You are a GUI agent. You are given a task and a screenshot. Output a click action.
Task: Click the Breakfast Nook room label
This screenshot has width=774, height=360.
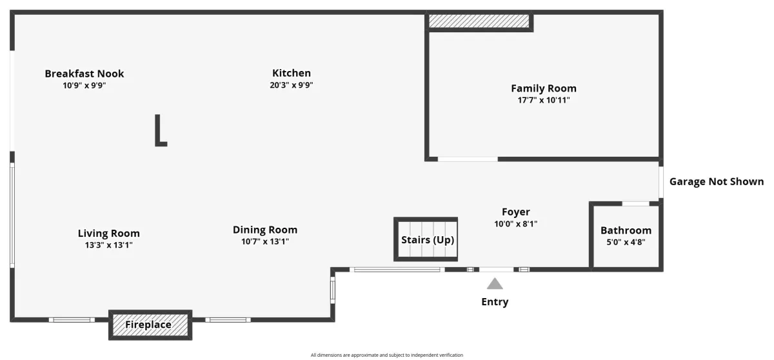click(x=84, y=74)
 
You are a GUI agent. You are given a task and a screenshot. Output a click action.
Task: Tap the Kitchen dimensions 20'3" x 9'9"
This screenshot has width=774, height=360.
click(x=292, y=85)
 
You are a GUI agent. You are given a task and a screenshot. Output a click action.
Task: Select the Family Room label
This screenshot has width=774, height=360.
click(x=544, y=88)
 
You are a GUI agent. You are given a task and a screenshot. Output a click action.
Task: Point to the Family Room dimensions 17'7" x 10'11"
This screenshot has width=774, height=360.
click(x=544, y=100)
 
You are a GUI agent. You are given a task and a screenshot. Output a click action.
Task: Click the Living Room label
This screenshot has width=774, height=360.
click(x=109, y=234)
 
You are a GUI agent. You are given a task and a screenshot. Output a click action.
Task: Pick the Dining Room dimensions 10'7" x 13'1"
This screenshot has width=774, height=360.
click(x=265, y=241)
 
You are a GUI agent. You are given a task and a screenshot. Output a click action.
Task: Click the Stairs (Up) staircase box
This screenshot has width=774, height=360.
click(x=426, y=239)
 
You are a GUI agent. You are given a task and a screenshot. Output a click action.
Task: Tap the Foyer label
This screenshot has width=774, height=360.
click(x=515, y=212)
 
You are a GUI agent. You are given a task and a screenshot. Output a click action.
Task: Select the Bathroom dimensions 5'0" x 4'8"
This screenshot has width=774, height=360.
click(x=626, y=242)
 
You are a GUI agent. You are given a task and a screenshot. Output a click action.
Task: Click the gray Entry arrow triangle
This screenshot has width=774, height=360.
click(x=495, y=284)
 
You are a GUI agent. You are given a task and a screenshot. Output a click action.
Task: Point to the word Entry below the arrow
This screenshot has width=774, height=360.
click(x=495, y=302)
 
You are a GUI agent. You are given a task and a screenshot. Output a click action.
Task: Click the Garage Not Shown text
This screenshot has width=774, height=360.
click(x=717, y=182)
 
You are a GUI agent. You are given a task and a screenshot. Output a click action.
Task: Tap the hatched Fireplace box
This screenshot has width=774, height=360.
click(x=150, y=325)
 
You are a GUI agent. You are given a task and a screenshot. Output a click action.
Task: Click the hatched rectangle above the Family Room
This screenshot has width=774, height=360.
click(x=479, y=21)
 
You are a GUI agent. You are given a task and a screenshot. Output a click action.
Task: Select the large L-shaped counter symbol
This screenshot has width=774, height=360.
click(x=161, y=130)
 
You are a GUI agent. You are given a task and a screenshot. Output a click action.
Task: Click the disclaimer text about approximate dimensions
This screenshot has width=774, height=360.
click(x=386, y=355)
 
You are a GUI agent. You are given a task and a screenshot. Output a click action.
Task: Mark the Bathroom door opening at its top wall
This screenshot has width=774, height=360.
click(x=636, y=204)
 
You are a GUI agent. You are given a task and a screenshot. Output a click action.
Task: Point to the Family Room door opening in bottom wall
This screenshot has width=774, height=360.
click(x=468, y=159)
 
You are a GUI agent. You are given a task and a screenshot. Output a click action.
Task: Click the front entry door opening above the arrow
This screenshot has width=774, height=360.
click(x=496, y=270)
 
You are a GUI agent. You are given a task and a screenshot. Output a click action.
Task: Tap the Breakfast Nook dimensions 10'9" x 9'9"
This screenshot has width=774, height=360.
click(x=84, y=85)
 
